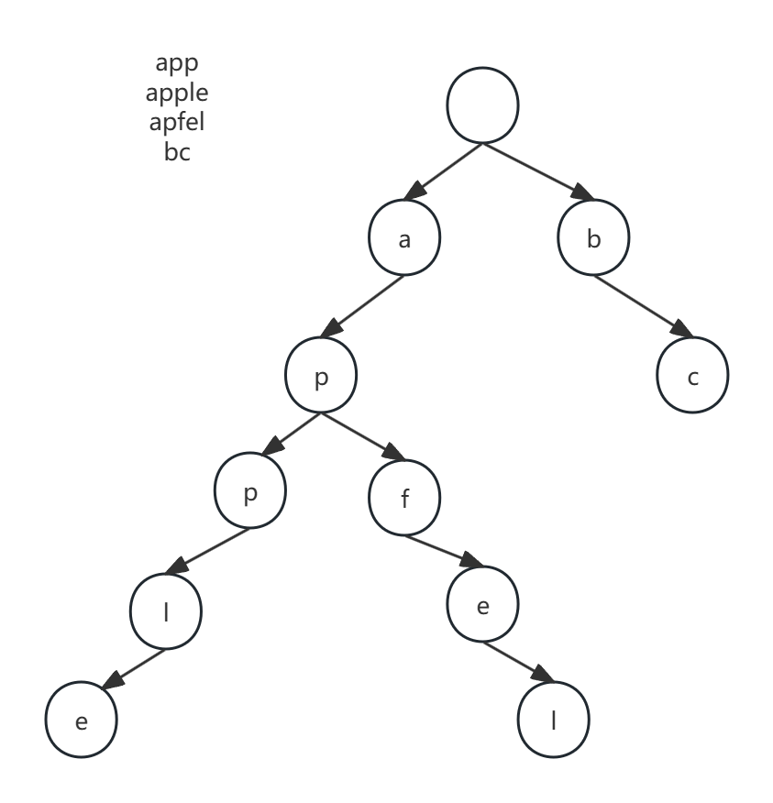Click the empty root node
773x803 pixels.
[482, 107]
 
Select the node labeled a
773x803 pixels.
[404, 239]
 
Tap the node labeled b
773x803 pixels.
[594, 239]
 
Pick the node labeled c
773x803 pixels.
[692, 377]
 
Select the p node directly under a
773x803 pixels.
[320, 378]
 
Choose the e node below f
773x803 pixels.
[482, 606]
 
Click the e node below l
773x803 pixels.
[82, 721]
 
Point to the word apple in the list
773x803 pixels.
[177, 93]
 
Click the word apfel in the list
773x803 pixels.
[177, 122]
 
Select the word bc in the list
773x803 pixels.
[177, 151]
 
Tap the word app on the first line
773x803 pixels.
[177, 63]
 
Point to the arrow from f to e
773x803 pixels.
[442, 552]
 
